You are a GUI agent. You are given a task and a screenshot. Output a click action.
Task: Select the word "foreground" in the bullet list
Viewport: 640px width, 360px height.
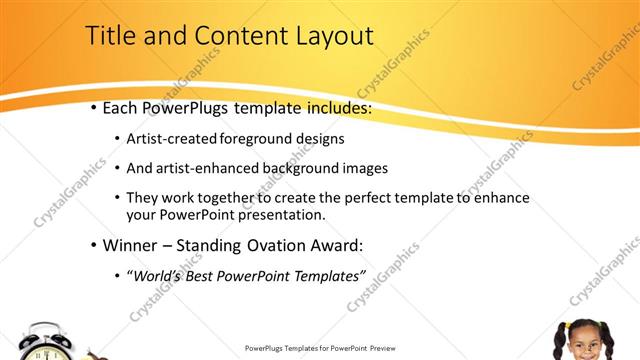click(250, 138)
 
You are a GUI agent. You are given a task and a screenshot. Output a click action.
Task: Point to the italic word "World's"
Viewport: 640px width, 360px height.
click(160, 275)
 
